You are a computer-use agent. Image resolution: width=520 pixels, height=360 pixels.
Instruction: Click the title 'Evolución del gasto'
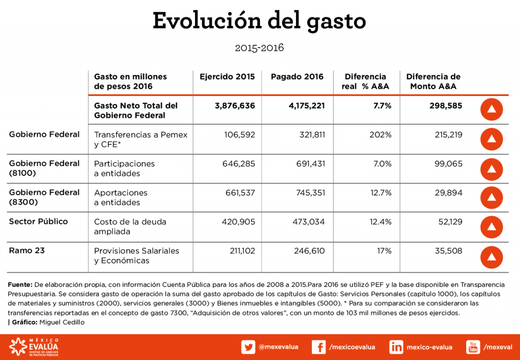tap(259, 21)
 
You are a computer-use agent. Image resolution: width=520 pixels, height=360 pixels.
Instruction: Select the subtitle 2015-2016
tap(259, 48)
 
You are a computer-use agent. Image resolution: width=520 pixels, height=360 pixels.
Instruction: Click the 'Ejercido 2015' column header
tap(227, 77)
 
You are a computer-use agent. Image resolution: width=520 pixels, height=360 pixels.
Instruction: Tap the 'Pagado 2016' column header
tap(297, 77)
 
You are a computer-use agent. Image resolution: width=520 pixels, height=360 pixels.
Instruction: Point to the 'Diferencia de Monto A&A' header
tap(433, 81)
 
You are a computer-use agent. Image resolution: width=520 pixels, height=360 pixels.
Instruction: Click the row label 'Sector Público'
tap(38, 221)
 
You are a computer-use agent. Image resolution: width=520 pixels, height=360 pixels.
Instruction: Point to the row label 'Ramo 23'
tap(26, 250)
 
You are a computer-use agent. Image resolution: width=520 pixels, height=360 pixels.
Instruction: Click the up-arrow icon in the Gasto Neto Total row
tap(491, 110)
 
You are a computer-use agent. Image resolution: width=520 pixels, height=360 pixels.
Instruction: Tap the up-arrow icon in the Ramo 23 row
tap(491, 256)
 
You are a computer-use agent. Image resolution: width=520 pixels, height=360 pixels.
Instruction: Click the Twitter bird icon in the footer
tap(248, 347)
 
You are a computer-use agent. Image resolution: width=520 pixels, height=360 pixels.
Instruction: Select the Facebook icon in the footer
tap(318, 347)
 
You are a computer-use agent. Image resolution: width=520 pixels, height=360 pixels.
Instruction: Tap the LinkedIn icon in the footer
tap(396, 347)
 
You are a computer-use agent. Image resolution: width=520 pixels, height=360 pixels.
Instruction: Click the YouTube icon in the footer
tap(473, 347)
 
